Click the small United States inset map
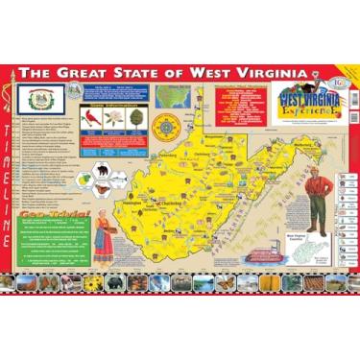pos(172,97)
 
